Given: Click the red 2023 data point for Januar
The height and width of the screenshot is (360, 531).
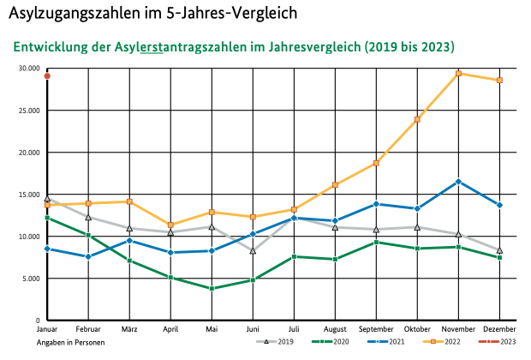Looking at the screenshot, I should [x=47, y=76].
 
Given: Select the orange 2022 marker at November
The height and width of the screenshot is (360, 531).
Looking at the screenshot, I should [x=458, y=73].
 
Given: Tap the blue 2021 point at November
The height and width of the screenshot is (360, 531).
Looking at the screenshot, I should [x=458, y=181].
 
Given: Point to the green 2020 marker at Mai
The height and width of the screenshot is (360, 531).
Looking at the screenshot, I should [x=212, y=289].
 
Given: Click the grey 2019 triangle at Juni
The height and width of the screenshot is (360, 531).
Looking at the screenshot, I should [x=253, y=251].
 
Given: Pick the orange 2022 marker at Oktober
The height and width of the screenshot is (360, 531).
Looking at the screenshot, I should [x=417, y=119].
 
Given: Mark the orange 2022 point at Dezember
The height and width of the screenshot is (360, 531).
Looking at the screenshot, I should [x=499, y=81].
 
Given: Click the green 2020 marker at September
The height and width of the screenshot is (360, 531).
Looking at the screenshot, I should [x=376, y=242].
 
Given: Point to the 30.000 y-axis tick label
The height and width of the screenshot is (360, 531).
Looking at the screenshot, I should [x=28, y=69].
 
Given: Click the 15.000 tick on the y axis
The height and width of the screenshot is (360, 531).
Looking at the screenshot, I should [x=28, y=195].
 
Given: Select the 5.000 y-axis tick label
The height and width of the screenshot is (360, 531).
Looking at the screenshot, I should [x=30, y=279].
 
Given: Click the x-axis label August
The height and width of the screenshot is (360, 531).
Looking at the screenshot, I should [x=335, y=329].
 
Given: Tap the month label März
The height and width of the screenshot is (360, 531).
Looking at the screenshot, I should [x=129, y=329].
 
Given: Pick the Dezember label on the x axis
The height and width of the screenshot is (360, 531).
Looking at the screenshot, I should [x=499, y=329].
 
